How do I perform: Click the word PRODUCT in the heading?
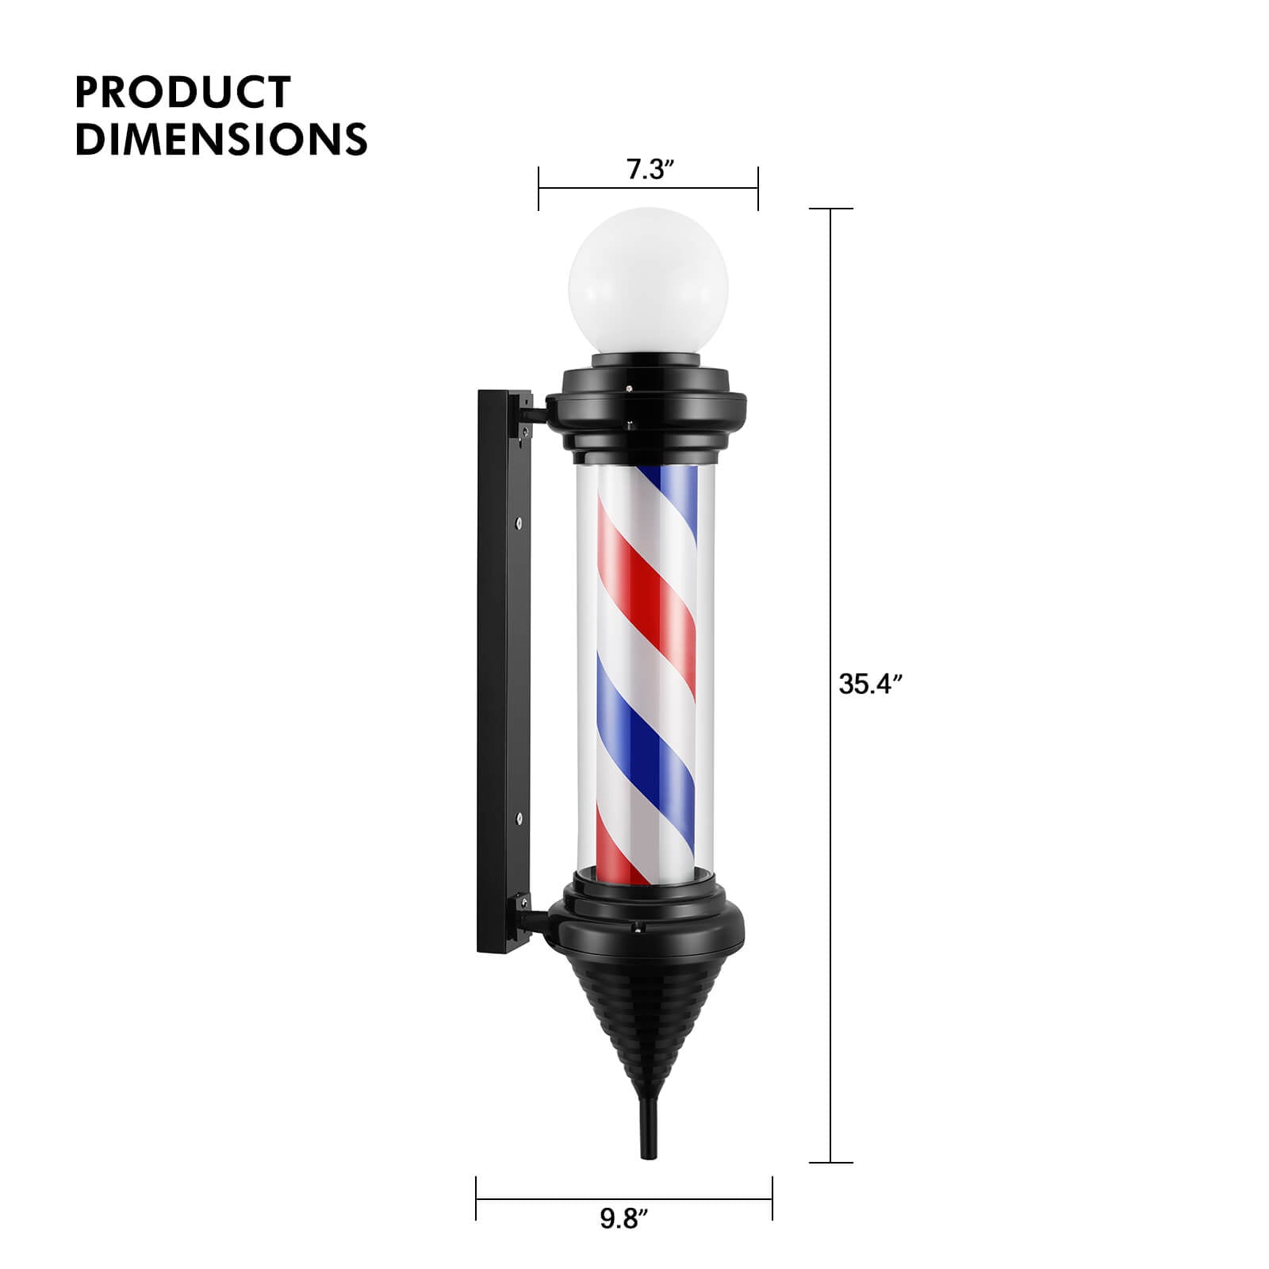(x=182, y=92)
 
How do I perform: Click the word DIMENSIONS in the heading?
(x=220, y=139)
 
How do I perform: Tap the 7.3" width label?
(x=650, y=170)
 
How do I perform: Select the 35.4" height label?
(x=870, y=684)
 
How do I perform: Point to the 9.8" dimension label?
(x=623, y=1240)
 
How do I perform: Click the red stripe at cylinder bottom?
(x=623, y=861)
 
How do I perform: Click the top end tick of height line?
(x=830, y=209)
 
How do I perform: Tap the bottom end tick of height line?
(x=830, y=1163)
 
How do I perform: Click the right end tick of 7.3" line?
(x=758, y=189)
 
